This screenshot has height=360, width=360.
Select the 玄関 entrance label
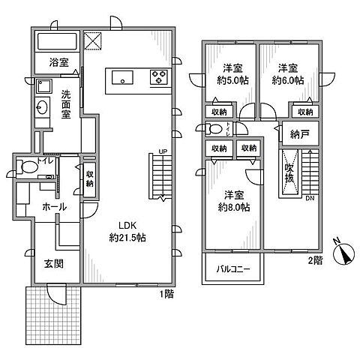pos(43,263)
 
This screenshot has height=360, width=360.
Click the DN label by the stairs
pos(310,199)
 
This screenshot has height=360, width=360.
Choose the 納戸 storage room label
pos(300,135)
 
